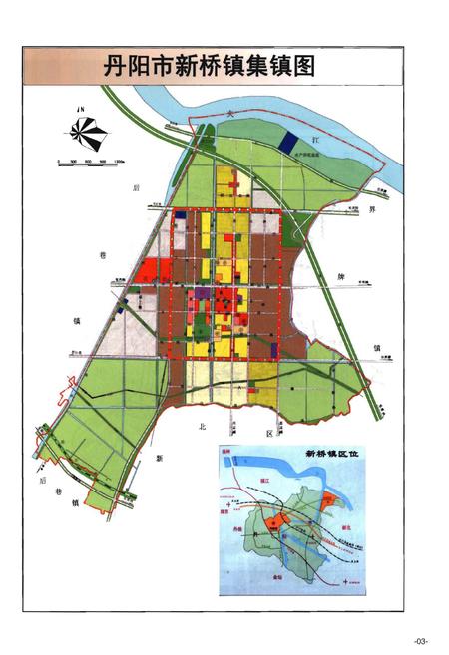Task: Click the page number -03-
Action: pos(421,639)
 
